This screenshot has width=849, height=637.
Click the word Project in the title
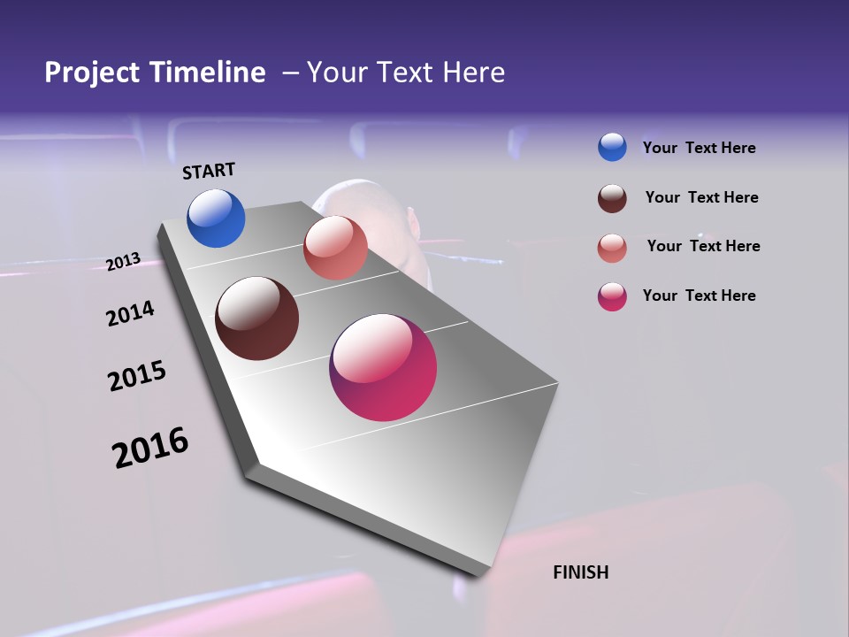click(89, 73)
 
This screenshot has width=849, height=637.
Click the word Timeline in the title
click(204, 73)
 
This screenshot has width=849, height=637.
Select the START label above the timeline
click(209, 171)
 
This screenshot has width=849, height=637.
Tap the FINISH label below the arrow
click(581, 572)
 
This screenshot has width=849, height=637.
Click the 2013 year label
click(124, 262)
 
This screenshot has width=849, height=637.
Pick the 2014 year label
click(131, 313)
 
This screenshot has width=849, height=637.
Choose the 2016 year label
click(150, 448)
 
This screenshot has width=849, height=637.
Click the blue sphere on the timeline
click(216, 218)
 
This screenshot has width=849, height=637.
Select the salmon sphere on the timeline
click(335, 248)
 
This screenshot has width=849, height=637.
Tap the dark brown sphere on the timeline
click(257, 318)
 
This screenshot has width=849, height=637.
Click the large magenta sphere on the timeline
click(383, 367)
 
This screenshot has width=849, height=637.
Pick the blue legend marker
click(612, 147)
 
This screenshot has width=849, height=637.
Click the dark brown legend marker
click(612, 198)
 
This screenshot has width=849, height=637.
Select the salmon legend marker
click(612, 248)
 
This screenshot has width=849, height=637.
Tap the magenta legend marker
click(612, 296)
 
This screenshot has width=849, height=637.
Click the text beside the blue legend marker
click(699, 148)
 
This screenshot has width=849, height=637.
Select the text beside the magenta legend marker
click(699, 295)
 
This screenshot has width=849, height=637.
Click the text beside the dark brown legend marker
click(701, 197)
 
